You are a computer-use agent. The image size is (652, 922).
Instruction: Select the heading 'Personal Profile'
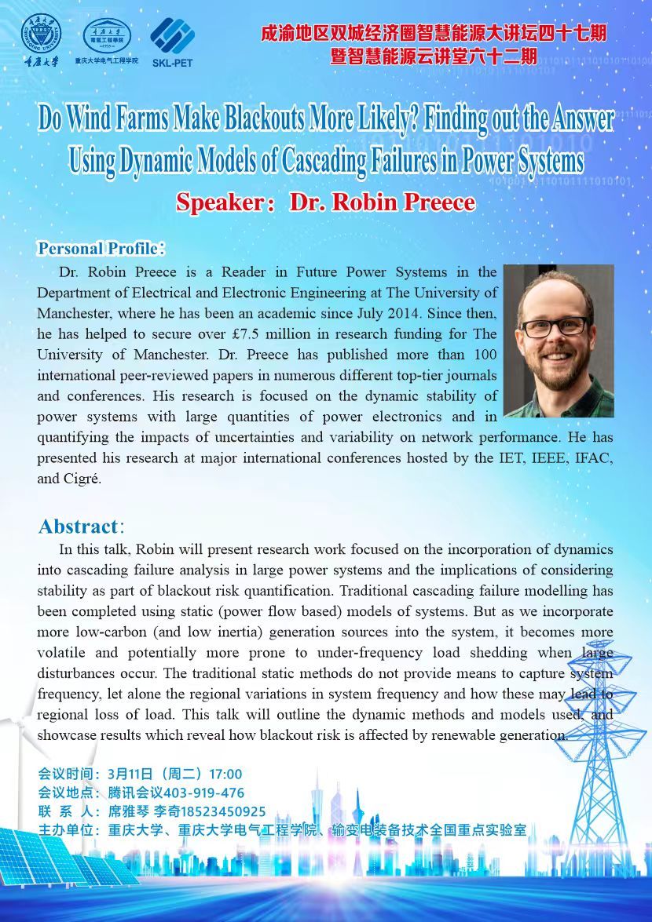click(98, 249)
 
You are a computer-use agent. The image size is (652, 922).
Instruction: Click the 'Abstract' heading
click(79, 526)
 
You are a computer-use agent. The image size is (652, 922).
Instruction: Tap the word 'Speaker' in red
click(220, 202)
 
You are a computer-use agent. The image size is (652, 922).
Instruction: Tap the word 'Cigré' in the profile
click(80, 479)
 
